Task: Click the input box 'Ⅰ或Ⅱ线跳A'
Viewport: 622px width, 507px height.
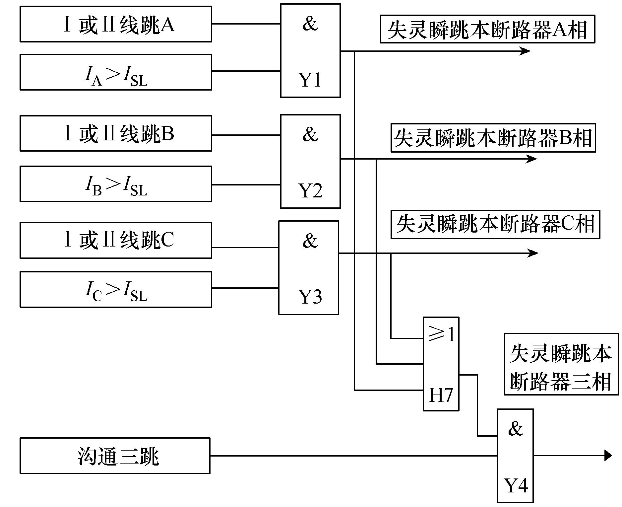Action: [116, 24]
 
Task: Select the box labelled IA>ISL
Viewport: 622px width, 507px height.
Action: [116, 72]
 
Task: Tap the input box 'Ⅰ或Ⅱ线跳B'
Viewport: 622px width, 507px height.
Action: [116, 133]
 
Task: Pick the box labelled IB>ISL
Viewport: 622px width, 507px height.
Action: [116, 184]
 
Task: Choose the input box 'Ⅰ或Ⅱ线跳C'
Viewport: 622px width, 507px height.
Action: [116, 240]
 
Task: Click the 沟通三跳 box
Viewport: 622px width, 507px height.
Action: [115, 456]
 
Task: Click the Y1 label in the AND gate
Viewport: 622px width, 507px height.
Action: [310, 80]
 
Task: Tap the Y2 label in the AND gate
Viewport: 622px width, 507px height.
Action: [310, 191]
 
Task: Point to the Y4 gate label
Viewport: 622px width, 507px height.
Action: [516, 485]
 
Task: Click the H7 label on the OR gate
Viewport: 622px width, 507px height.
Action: [441, 395]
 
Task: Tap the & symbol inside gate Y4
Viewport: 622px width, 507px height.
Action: [516, 429]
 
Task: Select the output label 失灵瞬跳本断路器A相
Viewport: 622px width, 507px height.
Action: [487, 29]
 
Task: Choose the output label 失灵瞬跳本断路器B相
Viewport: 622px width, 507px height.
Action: [493, 138]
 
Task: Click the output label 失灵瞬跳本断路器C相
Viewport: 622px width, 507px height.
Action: [495, 224]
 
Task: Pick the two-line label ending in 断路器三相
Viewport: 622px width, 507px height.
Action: [561, 364]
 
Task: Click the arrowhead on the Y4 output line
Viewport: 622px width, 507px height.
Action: [608, 455]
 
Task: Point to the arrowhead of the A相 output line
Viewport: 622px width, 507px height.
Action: [525, 51]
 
